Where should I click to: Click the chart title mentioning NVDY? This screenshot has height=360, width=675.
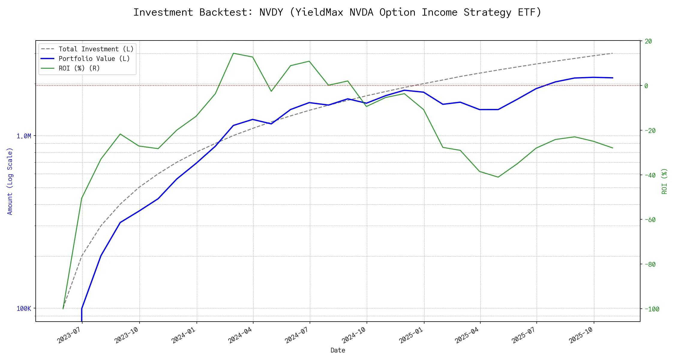point(337,12)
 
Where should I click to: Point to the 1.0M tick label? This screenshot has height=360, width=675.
point(24,136)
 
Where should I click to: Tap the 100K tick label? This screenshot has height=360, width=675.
point(24,309)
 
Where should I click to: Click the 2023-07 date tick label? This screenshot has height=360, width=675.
point(69,335)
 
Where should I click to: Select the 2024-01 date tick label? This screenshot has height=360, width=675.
point(183,335)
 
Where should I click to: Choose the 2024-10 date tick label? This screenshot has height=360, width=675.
point(354,335)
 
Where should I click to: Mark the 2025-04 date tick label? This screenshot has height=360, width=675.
point(467,335)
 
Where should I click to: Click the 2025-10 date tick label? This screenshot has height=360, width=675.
point(581,335)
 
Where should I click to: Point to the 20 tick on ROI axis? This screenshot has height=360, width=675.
point(648,41)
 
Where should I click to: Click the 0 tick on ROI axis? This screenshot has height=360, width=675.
point(646,86)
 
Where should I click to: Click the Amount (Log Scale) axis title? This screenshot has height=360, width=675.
point(10,181)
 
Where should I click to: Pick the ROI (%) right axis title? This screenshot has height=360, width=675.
point(664,181)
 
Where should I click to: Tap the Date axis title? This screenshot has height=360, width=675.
point(338,350)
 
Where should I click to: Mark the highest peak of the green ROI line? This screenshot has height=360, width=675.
point(233,53)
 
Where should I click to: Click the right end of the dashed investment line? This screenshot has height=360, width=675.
point(613,53)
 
